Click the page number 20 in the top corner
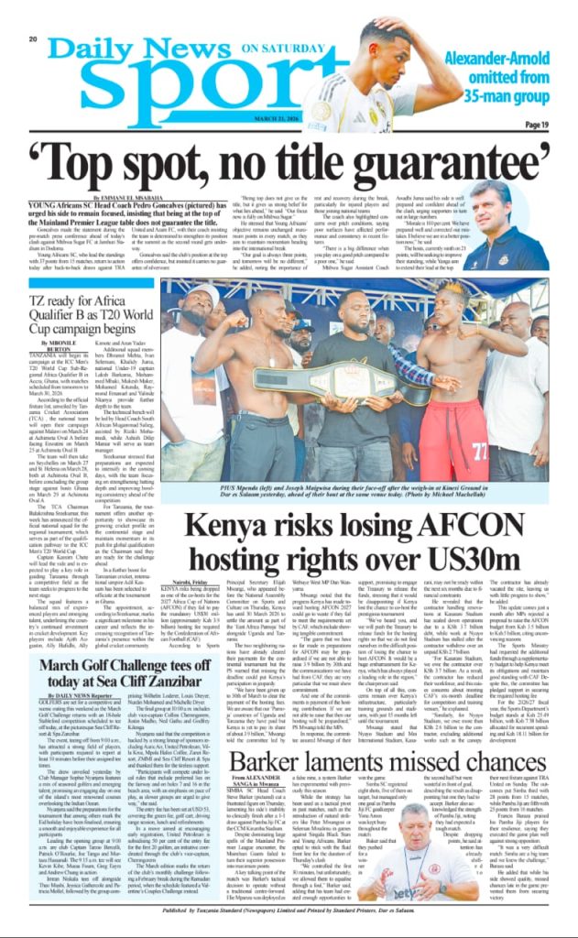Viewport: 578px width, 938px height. pyautogui.click(x=32, y=38)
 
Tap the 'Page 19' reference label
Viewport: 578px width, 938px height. pyautogui.click(x=537, y=125)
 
